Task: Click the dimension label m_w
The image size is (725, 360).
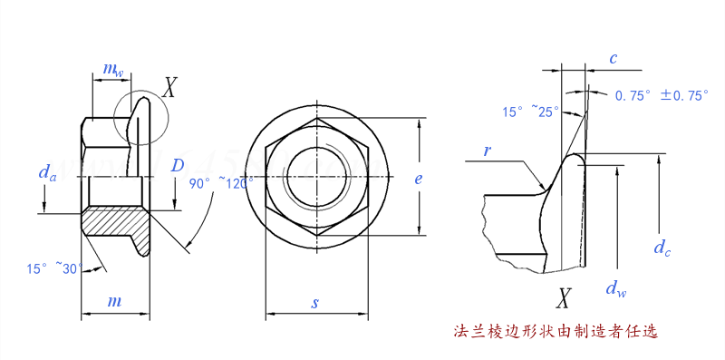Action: tap(112, 69)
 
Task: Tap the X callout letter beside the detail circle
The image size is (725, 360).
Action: tap(169, 87)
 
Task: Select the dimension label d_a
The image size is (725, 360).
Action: tap(47, 171)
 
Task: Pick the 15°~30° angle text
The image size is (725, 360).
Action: tap(54, 268)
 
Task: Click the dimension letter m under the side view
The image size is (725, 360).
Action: tap(115, 300)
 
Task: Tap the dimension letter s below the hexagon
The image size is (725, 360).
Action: tap(315, 303)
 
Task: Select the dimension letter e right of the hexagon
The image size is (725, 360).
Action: tap(418, 179)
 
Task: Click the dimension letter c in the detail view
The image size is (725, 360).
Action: tap(614, 59)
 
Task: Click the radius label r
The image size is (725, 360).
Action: tap(488, 151)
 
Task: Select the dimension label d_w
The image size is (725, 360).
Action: tap(615, 289)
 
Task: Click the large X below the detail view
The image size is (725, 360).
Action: tap(565, 298)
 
